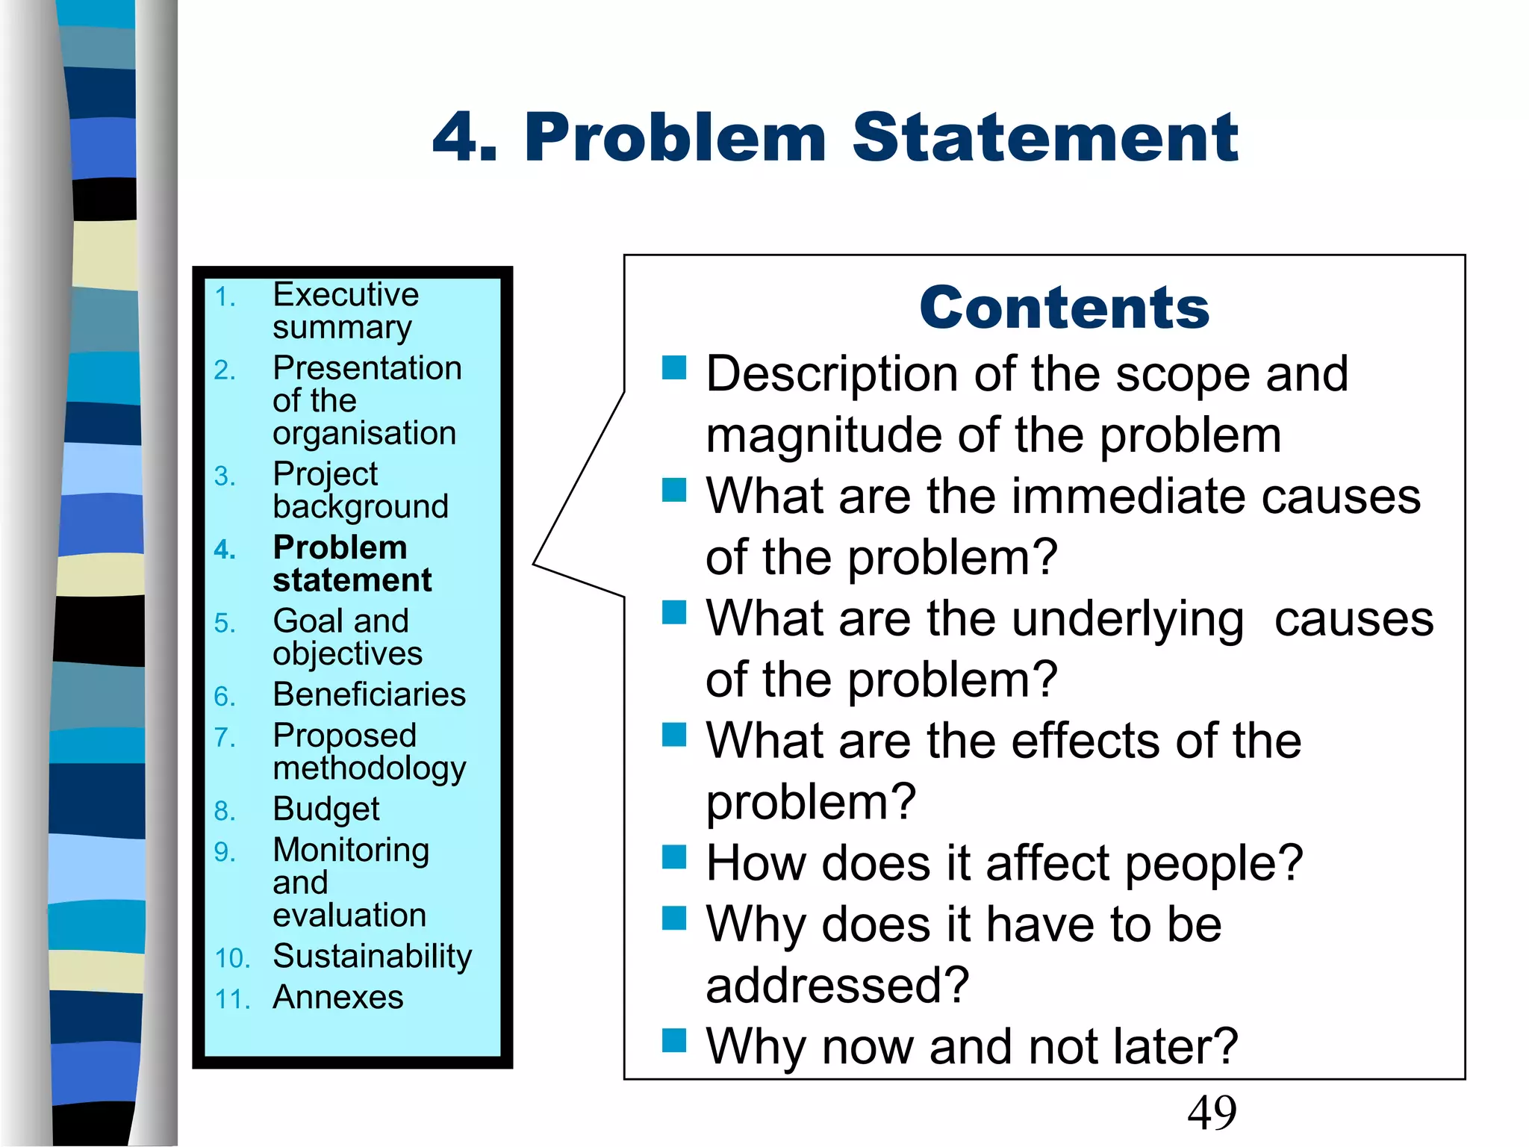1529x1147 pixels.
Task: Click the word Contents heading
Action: click(1064, 308)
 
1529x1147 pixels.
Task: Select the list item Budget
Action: click(326, 809)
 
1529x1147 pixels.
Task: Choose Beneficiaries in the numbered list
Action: click(369, 694)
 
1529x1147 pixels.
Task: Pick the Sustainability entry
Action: click(372, 957)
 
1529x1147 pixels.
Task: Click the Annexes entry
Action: click(337, 998)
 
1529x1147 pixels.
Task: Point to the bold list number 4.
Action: click(224, 550)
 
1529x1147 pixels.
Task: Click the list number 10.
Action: click(231, 959)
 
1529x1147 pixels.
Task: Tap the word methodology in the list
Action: click(369, 769)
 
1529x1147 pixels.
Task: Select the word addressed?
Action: click(837, 986)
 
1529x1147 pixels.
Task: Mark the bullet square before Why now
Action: click(673, 1039)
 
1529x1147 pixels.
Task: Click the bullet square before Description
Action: click(673, 367)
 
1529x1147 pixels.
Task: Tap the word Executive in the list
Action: click(346, 295)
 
